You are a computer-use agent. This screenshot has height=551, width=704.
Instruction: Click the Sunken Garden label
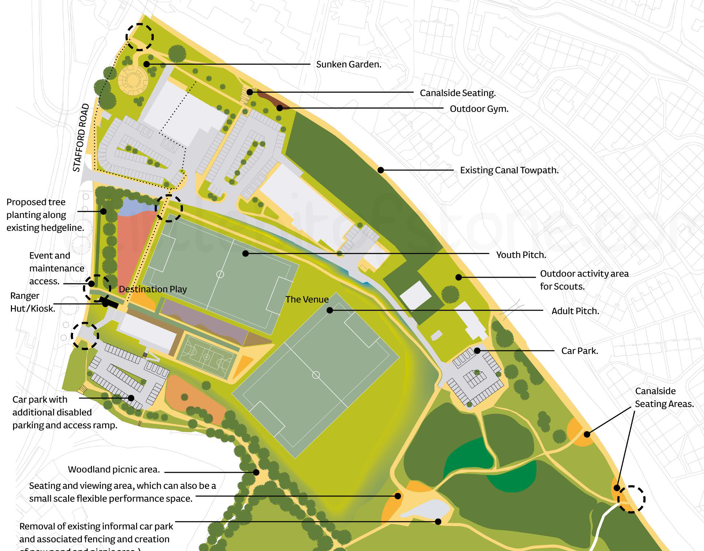coord(349,64)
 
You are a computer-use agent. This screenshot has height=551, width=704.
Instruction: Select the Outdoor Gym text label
coord(479,109)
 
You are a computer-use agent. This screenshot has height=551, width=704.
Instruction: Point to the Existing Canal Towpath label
coord(509,170)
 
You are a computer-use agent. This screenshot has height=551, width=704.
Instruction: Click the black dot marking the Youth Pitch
coord(246,253)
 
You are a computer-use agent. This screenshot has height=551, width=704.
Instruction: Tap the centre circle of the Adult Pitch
coord(316,375)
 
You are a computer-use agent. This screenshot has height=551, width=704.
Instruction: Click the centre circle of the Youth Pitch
coord(220,274)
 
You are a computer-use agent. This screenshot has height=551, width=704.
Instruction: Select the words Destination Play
coord(152,289)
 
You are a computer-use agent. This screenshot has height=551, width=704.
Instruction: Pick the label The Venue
coord(307,299)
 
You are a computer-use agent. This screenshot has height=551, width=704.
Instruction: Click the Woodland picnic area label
coord(114,469)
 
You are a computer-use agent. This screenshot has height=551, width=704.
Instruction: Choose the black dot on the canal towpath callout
coord(381,170)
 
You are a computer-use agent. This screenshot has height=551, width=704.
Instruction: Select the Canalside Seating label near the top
coord(457,93)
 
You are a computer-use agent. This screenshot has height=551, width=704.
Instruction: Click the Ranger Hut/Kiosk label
coord(32,302)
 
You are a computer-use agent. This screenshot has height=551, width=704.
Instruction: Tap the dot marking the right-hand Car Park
coord(477,351)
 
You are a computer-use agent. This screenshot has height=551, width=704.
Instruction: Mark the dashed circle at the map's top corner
coord(140,37)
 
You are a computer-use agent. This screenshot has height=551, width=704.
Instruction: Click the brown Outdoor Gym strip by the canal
coord(273,100)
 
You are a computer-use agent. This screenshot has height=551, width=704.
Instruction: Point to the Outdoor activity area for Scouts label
coord(584,280)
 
